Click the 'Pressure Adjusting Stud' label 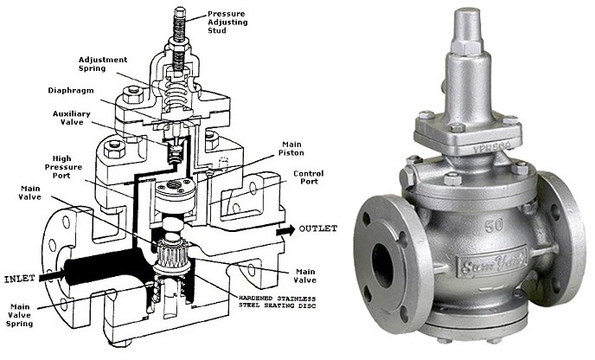[x=227, y=22]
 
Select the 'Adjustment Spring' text [x=103, y=64]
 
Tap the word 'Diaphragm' [x=71, y=91]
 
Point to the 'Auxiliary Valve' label [x=72, y=118]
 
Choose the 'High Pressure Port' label [x=62, y=167]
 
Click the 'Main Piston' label [x=291, y=149]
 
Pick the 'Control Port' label [x=309, y=177]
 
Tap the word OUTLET [x=318, y=228]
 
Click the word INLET [x=19, y=279]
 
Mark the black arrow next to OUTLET [x=285, y=230]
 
